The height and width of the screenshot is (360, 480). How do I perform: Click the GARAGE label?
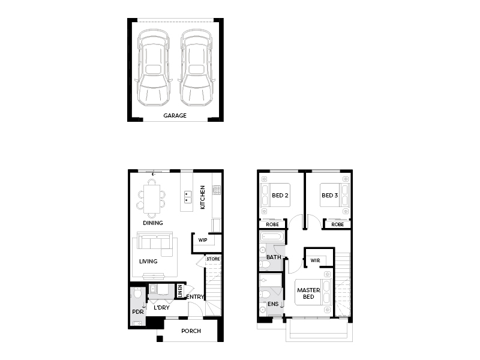click(x=175, y=115)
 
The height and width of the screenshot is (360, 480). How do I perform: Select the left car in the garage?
click(x=154, y=68)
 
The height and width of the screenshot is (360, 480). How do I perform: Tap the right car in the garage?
click(x=196, y=68)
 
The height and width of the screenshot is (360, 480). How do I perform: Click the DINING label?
click(x=153, y=223)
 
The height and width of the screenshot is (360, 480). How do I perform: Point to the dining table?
click(x=152, y=199)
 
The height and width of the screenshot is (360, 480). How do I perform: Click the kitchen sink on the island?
click(x=188, y=197)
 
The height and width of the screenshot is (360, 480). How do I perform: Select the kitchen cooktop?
click(x=217, y=190)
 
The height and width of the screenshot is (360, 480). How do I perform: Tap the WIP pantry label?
click(x=203, y=240)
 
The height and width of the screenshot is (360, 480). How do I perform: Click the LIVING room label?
click(x=148, y=261)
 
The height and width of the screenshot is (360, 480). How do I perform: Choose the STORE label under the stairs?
click(x=213, y=259)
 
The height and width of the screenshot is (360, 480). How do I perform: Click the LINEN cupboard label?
click(x=180, y=291)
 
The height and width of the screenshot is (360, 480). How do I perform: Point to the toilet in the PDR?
click(x=137, y=293)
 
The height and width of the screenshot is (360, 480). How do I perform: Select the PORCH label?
click(x=191, y=331)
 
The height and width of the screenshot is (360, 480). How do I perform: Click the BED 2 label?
click(x=280, y=196)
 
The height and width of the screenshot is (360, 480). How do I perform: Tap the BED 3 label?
click(x=329, y=196)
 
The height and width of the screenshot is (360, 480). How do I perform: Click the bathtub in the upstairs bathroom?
click(x=272, y=237)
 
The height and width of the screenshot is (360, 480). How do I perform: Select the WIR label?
click(x=316, y=260)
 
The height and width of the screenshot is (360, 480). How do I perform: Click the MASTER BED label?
click(x=308, y=293)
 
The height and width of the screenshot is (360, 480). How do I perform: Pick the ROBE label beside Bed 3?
click(x=338, y=224)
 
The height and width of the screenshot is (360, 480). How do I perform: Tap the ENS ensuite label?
click(x=273, y=304)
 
